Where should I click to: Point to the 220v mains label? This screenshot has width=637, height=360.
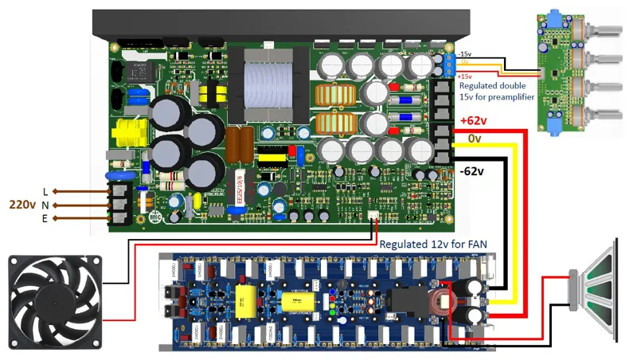(21, 204)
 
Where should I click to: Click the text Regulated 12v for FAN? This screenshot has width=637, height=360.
(433, 245)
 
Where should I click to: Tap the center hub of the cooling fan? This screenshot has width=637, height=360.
(55, 300)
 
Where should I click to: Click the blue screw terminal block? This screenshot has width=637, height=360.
(451, 64)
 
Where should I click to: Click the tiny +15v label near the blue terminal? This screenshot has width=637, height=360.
(463, 76)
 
